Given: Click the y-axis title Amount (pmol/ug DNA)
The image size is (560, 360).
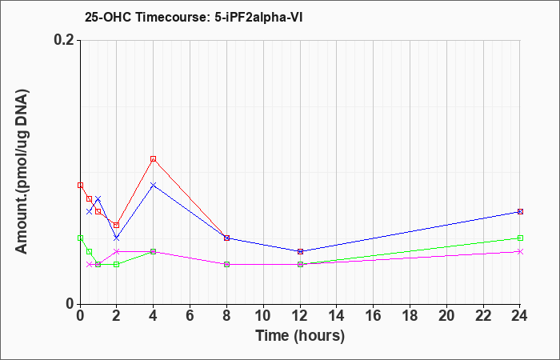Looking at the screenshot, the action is coord(22,172).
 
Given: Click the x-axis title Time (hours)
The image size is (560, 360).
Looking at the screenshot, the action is coord(300,336).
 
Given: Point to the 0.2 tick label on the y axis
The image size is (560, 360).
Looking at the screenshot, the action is coord(65,40).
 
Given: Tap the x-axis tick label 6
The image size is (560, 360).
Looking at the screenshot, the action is coord(190,316).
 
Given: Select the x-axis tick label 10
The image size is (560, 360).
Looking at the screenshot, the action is coord(263,316).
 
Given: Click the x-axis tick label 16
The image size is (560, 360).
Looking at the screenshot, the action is coord(374,316).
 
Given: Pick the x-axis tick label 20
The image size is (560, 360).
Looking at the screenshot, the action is coord(446,316).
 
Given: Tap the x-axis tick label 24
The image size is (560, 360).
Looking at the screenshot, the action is coord(520,316).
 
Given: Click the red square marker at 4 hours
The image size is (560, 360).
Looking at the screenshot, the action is coord(154,158).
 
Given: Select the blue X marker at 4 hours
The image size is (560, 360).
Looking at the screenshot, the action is coord(154,185).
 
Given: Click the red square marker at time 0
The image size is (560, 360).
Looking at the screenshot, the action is coord(80,185).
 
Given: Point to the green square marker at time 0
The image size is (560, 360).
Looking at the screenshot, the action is coord(80,238).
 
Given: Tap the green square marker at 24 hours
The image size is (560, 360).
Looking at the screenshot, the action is coord(520,238).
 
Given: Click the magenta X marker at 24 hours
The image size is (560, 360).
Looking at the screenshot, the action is coord(520,251).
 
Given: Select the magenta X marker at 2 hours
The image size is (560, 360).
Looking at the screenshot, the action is coord(117,251).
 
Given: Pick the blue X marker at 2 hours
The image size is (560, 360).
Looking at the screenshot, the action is coord(117,238).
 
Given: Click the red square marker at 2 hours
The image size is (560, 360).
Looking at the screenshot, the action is coord(116,225).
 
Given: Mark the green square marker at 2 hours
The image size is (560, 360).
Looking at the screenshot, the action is coord(117,264).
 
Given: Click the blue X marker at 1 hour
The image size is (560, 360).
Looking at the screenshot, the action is coord(98,198).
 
